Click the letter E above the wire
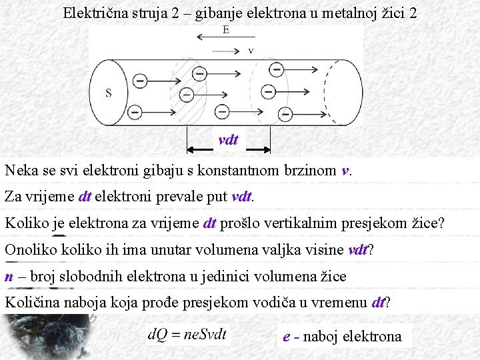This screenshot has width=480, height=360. click(227, 31)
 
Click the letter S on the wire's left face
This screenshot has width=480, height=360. click(108, 93)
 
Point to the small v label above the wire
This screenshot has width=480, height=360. click(251, 50)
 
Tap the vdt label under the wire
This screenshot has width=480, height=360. click(228, 139)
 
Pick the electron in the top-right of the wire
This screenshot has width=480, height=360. click(275, 69)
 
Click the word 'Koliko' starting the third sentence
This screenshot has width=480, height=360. click(26, 223)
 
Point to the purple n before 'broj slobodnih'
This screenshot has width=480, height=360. click(9, 277)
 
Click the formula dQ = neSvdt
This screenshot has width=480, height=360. click(188, 333)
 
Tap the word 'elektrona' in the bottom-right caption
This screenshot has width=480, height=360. click(373, 336)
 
